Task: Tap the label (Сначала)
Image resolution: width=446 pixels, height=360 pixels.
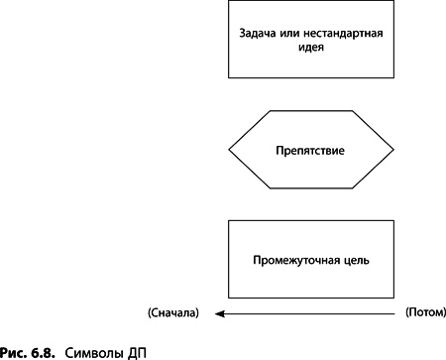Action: pos(172,313)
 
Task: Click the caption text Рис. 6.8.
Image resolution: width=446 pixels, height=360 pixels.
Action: pos(25,351)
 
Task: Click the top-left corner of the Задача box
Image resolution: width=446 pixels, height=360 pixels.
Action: pos(230,1)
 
